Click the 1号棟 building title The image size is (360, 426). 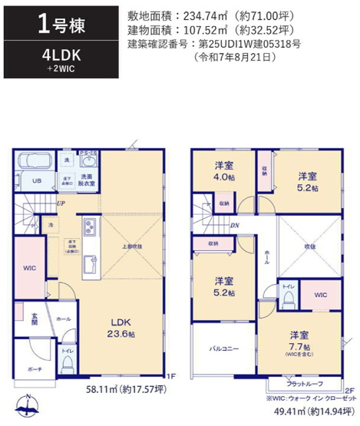click(x=55, y=24)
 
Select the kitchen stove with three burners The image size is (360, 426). click(x=88, y=228)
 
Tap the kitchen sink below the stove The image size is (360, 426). click(x=88, y=255)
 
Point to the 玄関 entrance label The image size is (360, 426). click(x=35, y=318)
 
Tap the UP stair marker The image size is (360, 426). click(x=60, y=203)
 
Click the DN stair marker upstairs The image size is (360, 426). click(x=233, y=225)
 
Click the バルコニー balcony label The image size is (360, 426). click(x=223, y=348)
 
